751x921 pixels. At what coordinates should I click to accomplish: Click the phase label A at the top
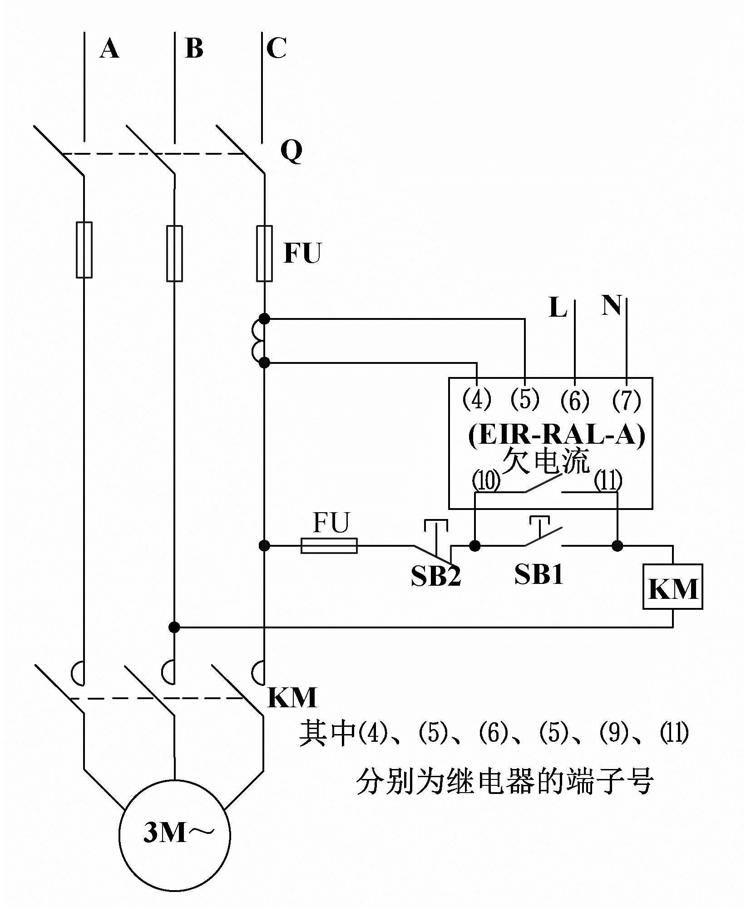click(109, 49)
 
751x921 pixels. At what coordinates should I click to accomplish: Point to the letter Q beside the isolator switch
click(291, 151)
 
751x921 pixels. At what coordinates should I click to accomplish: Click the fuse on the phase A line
click(84, 250)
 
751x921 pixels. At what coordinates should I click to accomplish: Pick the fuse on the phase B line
click(174, 253)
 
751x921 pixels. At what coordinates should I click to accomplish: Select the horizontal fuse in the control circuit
click(329, 545)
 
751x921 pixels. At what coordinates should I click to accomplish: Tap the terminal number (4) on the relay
click(476, 400)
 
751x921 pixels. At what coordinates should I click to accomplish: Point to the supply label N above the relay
click(611, 305)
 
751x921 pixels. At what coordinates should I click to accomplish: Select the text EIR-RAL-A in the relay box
click(556, 436)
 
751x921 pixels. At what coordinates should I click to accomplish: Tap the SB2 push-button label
click(435, 576)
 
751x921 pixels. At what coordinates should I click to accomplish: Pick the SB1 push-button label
click(539, 574)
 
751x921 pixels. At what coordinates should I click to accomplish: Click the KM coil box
click(672, 586)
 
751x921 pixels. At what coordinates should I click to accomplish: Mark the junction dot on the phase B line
click(174, 627)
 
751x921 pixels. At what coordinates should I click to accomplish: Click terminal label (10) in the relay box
click(486, 481)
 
